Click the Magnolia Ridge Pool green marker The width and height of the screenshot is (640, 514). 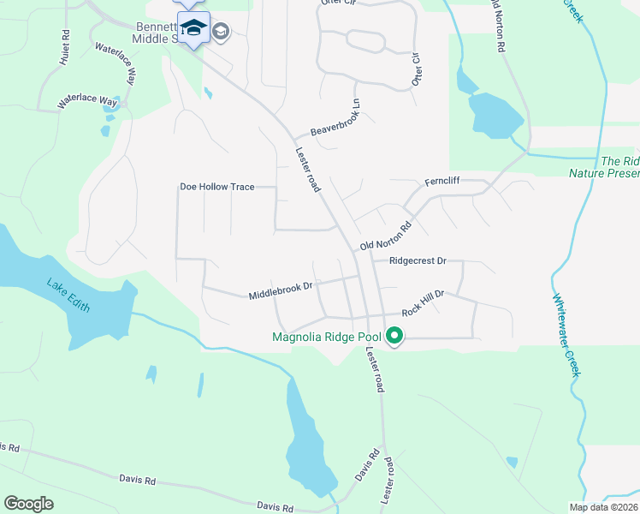point(394,337)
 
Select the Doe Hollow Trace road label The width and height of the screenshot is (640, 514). point(216,187)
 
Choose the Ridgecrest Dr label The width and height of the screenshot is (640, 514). point(418,260)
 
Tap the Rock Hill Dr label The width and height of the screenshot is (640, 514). point(424,304)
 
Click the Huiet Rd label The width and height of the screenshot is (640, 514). point(65,51)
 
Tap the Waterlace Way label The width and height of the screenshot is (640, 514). point(86,100)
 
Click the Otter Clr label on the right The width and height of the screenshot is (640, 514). point(418,68)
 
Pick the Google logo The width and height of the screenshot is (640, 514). point(28,504)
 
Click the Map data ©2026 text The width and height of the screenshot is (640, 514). point(602,507)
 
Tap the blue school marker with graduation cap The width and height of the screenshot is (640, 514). point(193,29)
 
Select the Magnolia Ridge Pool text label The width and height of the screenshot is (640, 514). point(327,337)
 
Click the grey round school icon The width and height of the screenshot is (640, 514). point(221,32)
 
